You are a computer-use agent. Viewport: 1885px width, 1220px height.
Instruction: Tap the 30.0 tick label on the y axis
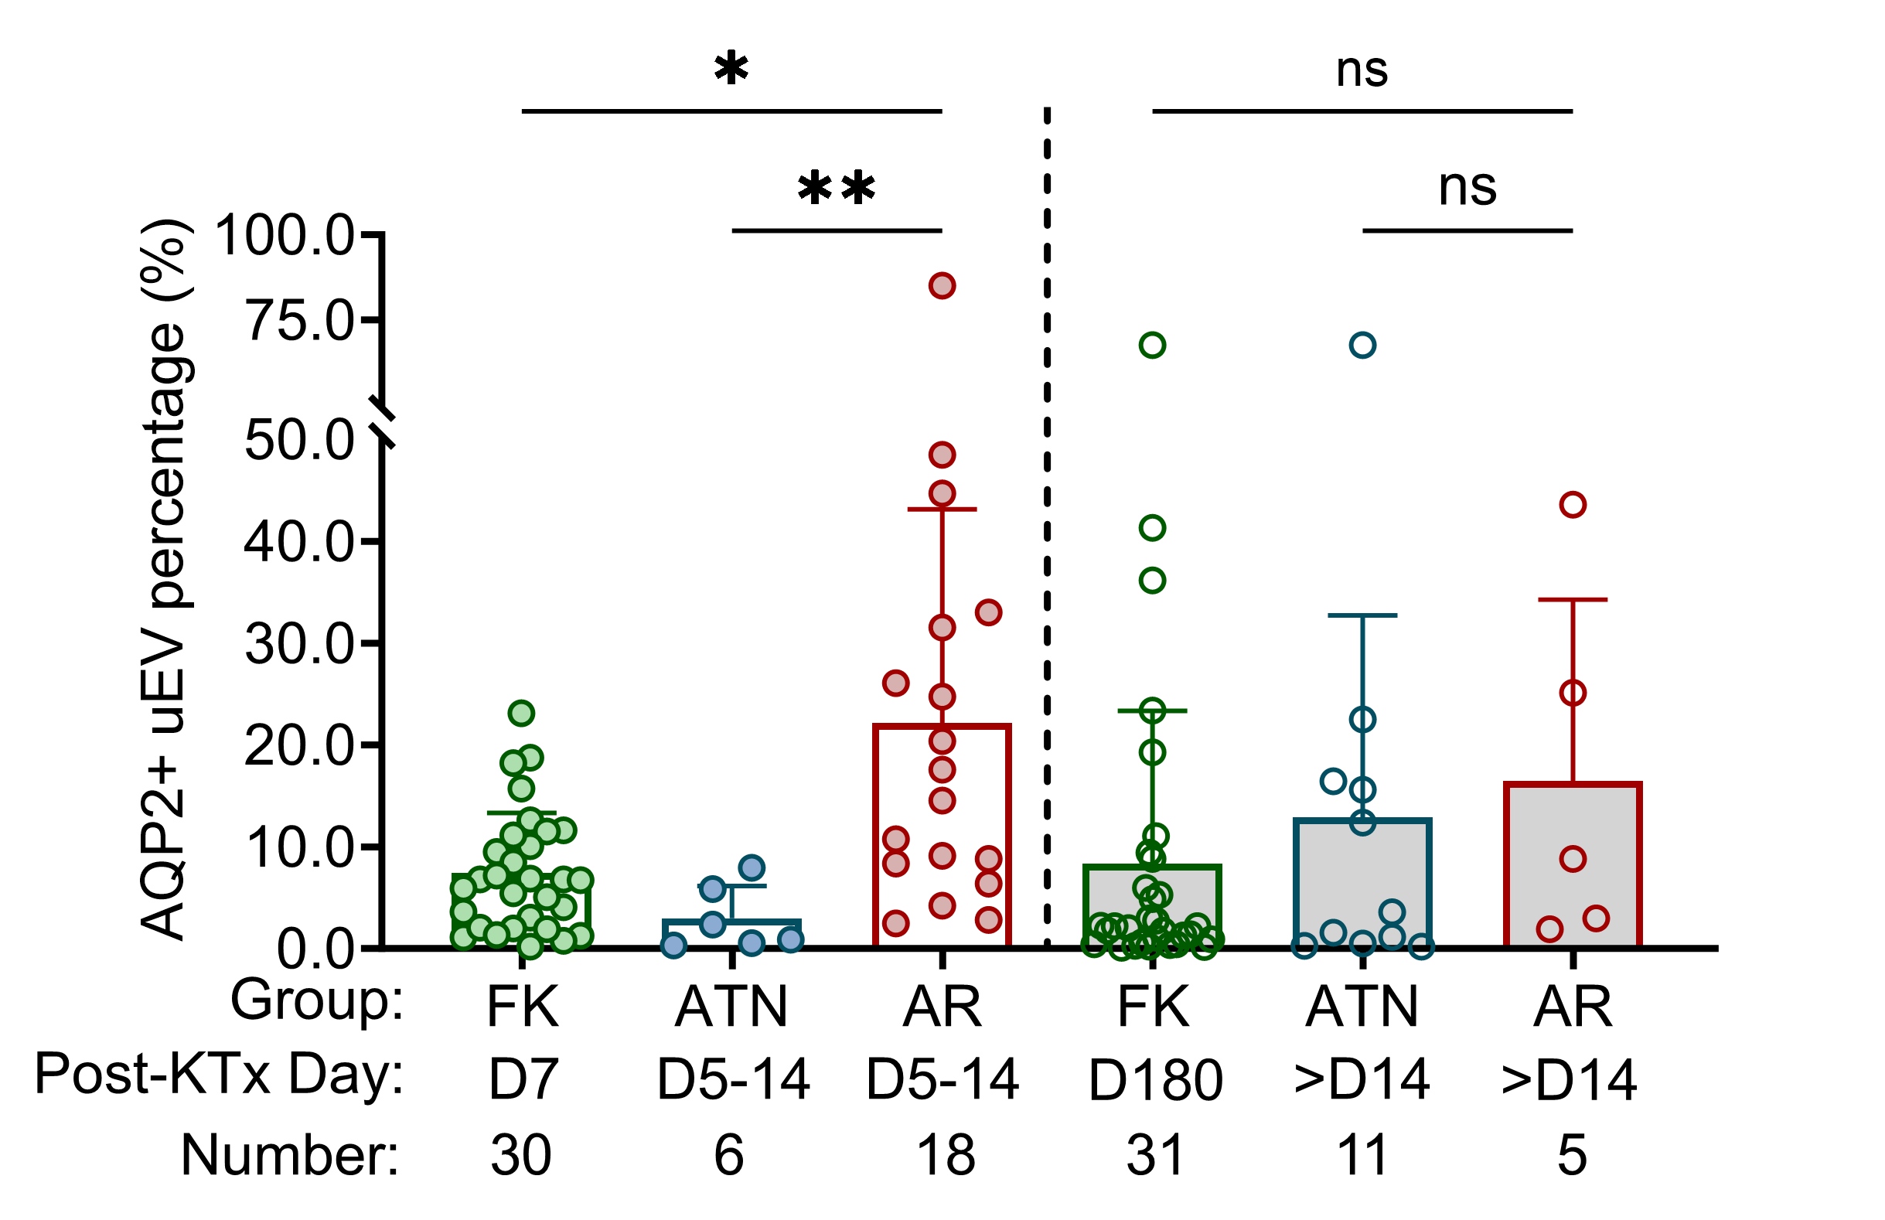[299, 644]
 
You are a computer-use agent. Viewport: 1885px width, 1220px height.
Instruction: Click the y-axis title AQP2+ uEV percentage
[165, 580]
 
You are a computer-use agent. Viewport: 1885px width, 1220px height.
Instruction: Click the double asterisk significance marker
[837, 189]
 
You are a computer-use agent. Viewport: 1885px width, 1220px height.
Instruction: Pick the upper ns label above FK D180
[1362, 70]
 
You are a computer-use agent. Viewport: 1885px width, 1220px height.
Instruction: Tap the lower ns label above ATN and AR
[1467, 188]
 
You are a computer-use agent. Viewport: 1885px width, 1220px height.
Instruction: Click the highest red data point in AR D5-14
[942, 286]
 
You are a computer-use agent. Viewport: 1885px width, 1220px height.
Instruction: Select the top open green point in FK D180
[1151, 346]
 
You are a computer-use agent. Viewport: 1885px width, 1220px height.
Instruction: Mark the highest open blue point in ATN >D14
[1362, 346]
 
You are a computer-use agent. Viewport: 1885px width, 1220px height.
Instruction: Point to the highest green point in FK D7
[521, 713]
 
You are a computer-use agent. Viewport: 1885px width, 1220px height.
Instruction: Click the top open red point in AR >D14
[1572, 505]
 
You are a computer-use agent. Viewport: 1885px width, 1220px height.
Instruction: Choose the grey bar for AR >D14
[1572, 888]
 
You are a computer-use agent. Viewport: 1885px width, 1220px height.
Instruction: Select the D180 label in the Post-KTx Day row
[1155, 1081]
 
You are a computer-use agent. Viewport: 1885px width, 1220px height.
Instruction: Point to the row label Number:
[290, 1155]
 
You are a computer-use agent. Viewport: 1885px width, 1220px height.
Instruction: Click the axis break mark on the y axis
[383, 421]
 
